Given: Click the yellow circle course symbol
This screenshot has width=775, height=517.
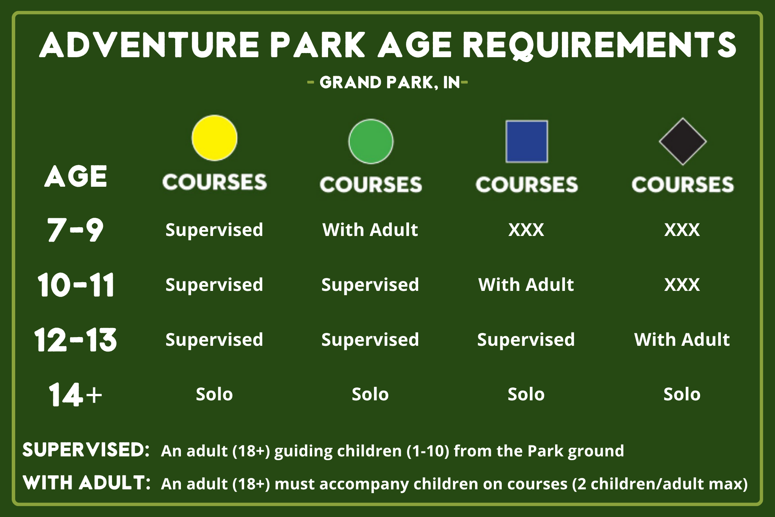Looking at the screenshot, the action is [x=215, y=138].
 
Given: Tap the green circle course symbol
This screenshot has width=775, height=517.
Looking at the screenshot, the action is [x=371, y=142].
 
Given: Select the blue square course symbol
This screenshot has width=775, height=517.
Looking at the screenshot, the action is [x=527, y=142].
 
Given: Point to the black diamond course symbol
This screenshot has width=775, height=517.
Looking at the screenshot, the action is [x=683, y=142].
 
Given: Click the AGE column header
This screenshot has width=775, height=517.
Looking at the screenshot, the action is [x=76, y=176].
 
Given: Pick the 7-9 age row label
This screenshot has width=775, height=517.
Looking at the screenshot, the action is [x=75, y=230].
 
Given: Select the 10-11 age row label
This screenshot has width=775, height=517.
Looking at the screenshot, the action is [x=76, y=284].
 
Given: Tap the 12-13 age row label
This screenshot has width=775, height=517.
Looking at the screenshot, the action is [x=76, y=339].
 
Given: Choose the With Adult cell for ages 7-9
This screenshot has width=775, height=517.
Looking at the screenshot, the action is [x=370, y=230].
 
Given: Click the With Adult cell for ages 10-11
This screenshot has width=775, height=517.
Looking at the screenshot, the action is [x=526, y=284].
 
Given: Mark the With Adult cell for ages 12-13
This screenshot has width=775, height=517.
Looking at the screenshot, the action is [x=682, y=339].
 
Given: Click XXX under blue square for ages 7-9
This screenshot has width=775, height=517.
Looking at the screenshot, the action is [x=526, y=230].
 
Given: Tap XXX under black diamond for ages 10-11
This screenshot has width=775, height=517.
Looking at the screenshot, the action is [x=682, y=285].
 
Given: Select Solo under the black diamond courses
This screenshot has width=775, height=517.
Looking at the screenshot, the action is [x=682, y=394].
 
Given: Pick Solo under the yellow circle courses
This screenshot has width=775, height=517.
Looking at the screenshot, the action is [x=214, y=394].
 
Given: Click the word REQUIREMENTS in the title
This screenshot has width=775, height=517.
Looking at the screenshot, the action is [x=599, y=45].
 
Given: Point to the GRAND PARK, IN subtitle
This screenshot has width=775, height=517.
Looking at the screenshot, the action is [x=390, y=83].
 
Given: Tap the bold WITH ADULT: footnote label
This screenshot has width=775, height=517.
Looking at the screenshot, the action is [x=87, y=483].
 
